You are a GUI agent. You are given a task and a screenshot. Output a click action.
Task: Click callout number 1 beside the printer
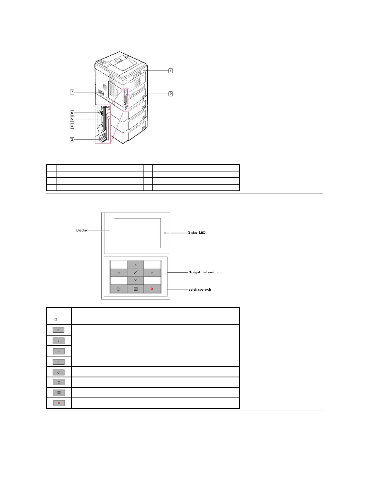coord(170,70)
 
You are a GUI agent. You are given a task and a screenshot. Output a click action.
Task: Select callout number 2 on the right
coord(171,94)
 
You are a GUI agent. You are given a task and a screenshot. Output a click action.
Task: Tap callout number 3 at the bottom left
coord(72,139)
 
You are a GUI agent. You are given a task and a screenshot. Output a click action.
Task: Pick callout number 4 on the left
coord(72,126)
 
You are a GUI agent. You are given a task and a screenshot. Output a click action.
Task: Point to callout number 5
coord(72,119)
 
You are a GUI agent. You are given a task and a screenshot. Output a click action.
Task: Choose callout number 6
coord(72,113)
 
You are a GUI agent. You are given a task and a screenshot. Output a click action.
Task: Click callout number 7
coord(72,92)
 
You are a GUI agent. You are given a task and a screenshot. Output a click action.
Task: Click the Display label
coord(82,230)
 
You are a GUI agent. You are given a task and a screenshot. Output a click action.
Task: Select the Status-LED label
coord(197,233)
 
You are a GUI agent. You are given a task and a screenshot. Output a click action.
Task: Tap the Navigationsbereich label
coord(203,272)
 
